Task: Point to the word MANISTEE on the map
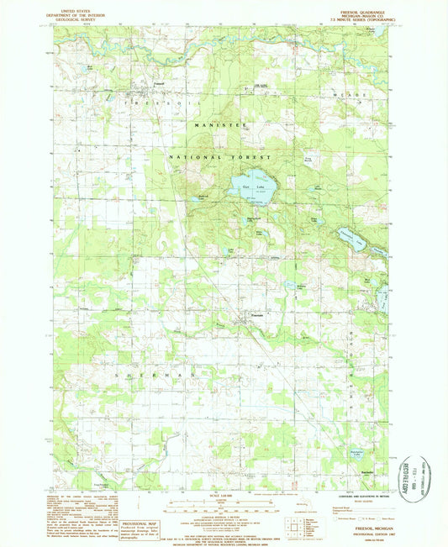(x=219, y=124)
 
